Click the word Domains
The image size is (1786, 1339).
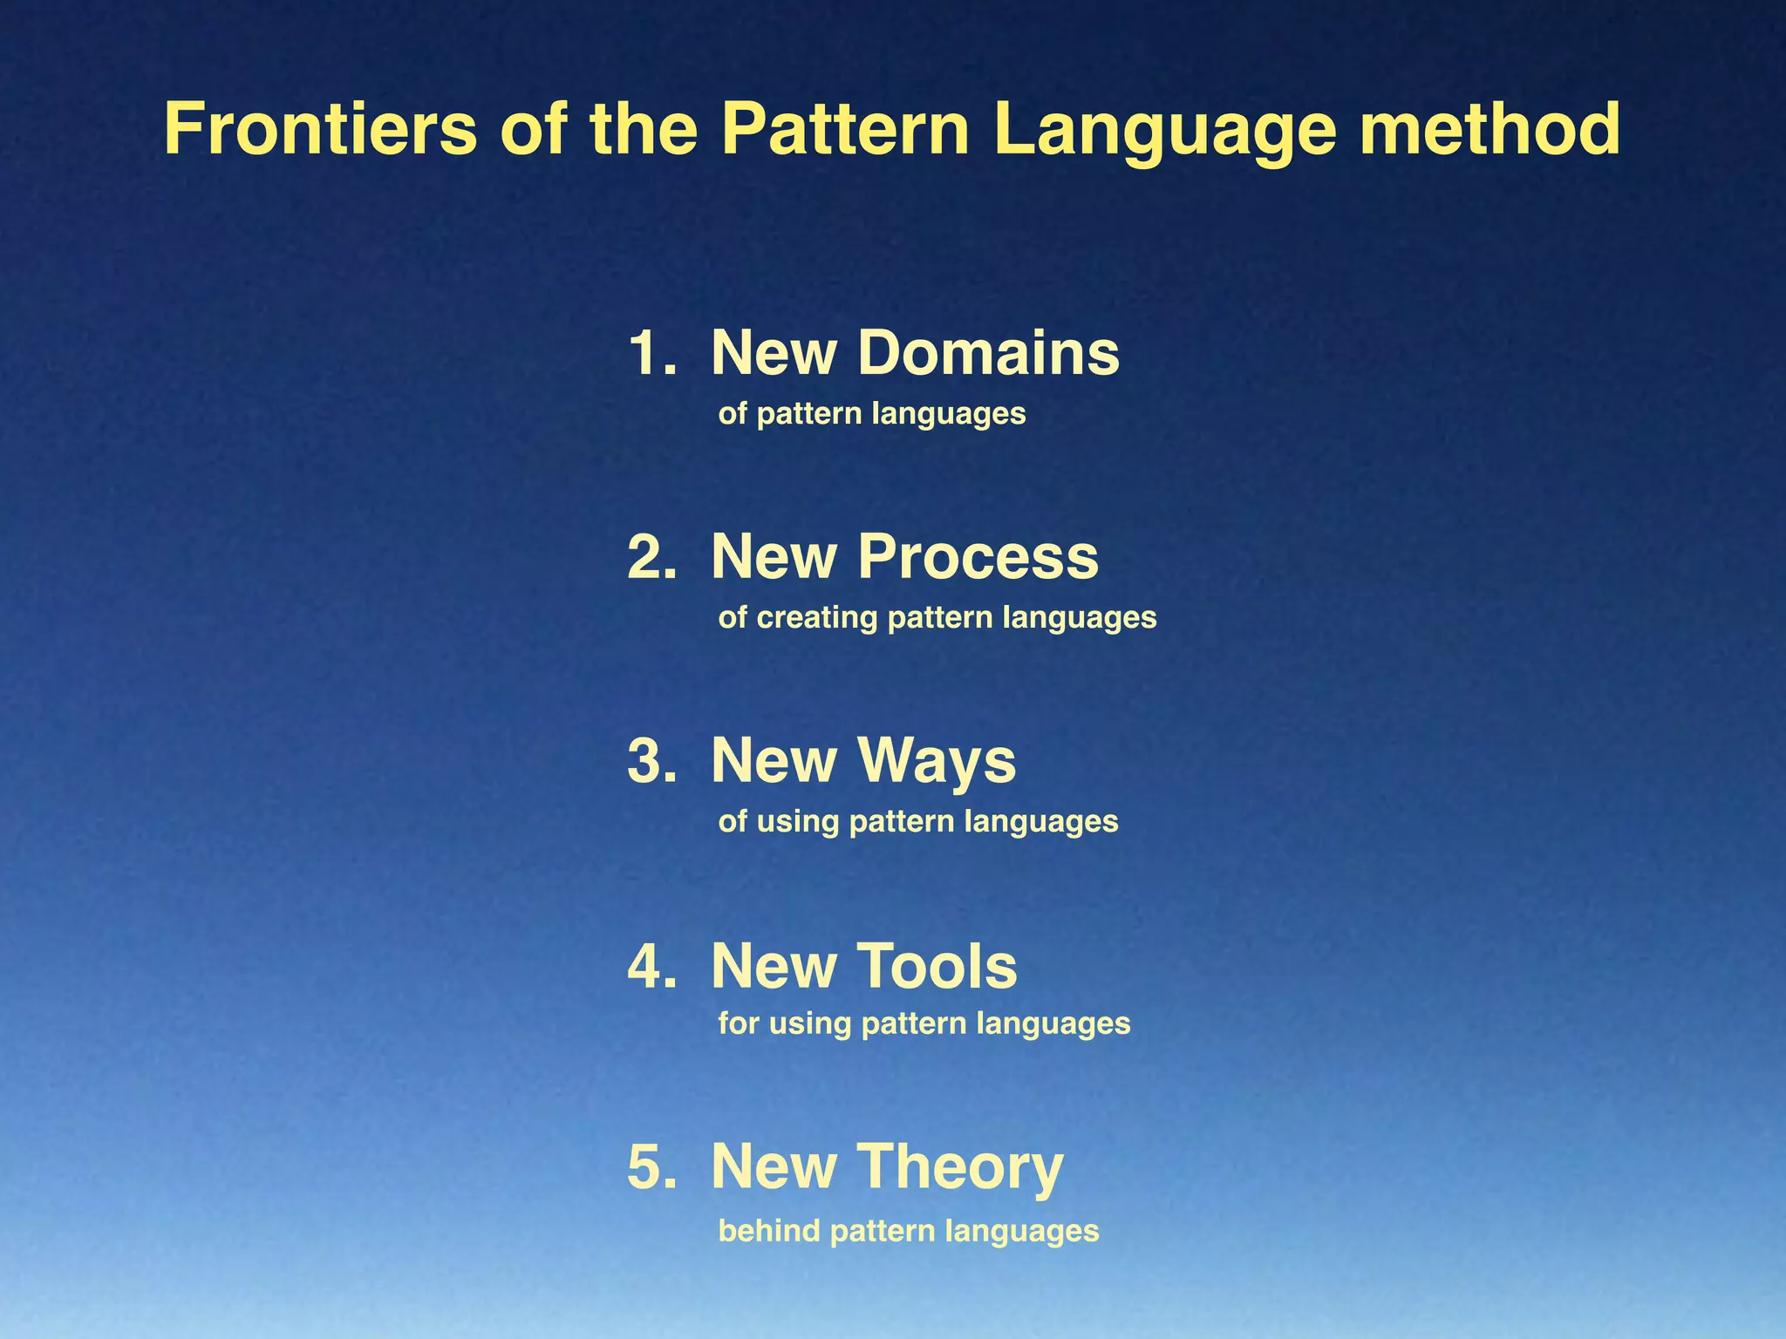988,353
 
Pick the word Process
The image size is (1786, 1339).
978,557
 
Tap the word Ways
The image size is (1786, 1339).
937,761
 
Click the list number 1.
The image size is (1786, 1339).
651,353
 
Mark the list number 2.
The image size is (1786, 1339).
651,557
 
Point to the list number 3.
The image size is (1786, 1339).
651,761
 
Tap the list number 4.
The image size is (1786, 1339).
651,966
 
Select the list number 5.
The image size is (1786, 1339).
651,1168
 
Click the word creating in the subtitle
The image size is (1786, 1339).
817,617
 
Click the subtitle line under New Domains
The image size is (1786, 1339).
872,413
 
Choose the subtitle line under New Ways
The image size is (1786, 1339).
918,821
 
